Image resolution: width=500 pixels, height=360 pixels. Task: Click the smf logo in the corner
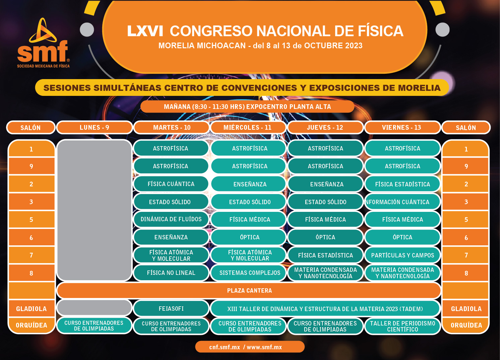[x=43, y=43]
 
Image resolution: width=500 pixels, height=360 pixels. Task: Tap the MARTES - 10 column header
[x=172, y=127]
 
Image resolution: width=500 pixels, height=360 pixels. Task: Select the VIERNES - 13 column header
[x=402, y=127]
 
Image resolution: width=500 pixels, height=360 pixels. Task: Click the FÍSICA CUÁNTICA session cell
[x=171, y=184]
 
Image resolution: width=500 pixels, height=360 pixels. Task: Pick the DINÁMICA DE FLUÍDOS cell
[x=171, y=219]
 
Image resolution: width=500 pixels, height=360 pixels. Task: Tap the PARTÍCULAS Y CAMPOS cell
[x=402, y=255]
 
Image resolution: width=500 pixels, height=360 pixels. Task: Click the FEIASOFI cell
[x=171, y=309]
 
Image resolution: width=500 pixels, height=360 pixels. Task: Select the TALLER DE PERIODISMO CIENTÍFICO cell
[x=402, y=326]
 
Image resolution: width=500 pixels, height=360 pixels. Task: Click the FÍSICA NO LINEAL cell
[x=171, y=273]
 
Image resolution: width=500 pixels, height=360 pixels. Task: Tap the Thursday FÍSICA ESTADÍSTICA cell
[x=325, y=255]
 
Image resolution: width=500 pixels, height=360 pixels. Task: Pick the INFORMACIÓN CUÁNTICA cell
[x=402, y=202]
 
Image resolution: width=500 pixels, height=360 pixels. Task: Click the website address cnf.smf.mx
[x=225, y=347]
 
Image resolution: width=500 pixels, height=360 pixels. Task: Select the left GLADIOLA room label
[x=31, y=309]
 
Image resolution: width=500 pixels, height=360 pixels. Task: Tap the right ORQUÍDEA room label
[x=466, y=325]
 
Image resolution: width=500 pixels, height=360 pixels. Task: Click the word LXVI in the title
[x=145, y=31]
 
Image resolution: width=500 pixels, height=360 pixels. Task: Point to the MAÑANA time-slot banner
[x=247, y=107]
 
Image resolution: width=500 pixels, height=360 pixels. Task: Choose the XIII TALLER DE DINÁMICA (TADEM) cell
[x=325, y=309]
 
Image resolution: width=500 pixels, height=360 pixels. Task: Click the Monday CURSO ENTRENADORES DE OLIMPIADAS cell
[x=94, y=325]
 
